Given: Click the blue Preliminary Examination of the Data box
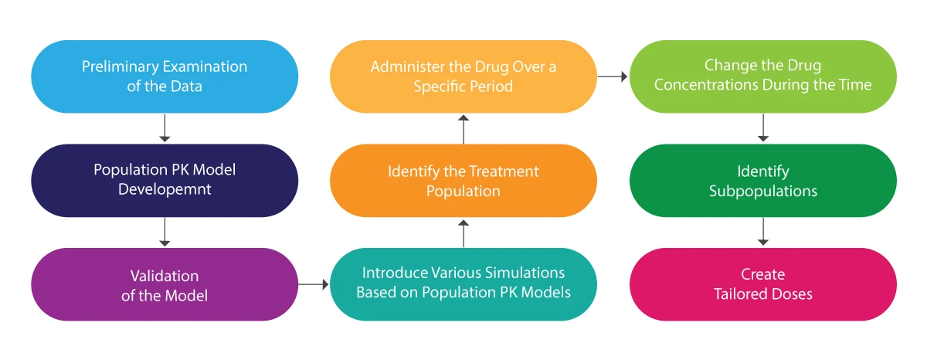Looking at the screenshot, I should [165, 76].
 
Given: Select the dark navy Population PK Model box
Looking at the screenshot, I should [165, 180].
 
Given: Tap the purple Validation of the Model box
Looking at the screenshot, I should [165, 284].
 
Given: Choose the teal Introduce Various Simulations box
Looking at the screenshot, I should [463, 284].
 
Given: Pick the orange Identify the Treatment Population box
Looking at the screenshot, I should [463, 180].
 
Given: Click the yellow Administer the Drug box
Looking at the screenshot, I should [463, 76].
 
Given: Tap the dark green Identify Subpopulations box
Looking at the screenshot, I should [763, 180].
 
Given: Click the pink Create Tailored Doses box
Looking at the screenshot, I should [763, 284].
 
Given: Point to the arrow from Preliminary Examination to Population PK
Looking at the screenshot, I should [165, 128].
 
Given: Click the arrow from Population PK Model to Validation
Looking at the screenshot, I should [165, 232].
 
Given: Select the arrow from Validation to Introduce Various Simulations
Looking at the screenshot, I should [314, 284].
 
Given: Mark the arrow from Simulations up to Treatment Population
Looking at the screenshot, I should [463, 233].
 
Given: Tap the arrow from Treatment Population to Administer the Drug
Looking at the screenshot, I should [463, 129].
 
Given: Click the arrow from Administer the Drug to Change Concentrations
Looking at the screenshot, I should [613, 76].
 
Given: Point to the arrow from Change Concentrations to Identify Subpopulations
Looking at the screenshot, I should [763, 128].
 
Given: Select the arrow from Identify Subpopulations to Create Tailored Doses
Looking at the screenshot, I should [763, 232].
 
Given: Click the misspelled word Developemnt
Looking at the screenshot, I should [165, 190].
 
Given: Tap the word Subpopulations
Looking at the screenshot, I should [763, 190].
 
